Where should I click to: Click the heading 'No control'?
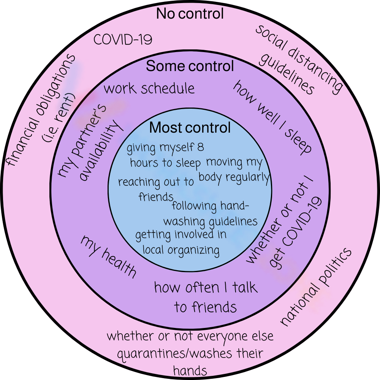190,14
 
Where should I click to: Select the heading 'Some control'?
190,66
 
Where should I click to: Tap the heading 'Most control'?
190,128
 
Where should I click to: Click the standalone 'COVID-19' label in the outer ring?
123,40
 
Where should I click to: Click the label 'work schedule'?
149,89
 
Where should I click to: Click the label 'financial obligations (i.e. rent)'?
42,110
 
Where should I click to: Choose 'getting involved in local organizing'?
181,242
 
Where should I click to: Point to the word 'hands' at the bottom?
190,370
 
